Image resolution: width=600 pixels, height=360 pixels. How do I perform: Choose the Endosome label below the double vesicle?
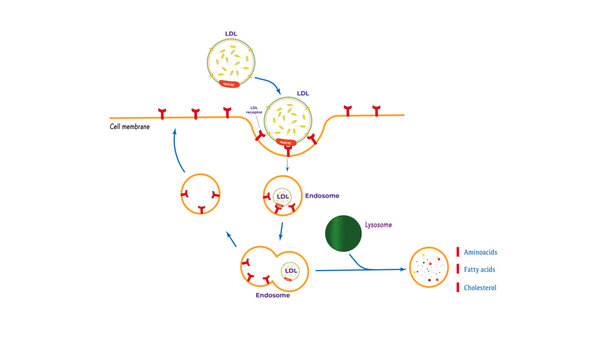[x=273, y=296]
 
